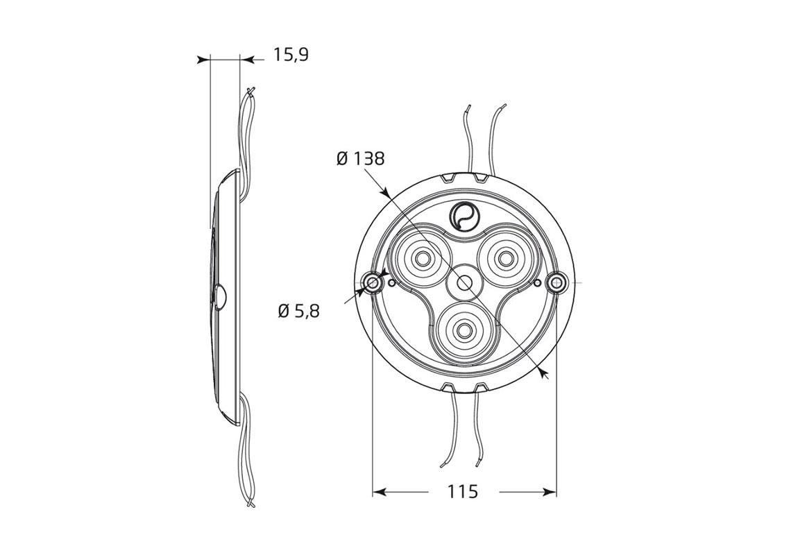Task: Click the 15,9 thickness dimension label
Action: (290, 55)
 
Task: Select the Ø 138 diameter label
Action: (360, 159)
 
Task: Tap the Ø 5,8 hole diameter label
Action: (298, 311)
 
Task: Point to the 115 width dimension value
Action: (463, 492)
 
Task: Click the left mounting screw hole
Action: (373, 282)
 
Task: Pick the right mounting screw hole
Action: (556, 282)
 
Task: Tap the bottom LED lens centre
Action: (463, 328)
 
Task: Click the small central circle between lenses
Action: (463, 282)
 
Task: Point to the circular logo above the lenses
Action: (463, 214)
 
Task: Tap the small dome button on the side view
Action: (221, 297)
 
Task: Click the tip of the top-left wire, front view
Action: (469, 107)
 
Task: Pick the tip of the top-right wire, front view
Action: (504, 105)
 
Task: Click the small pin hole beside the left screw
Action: (392, 282)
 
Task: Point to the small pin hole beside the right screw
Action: (538, 282)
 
